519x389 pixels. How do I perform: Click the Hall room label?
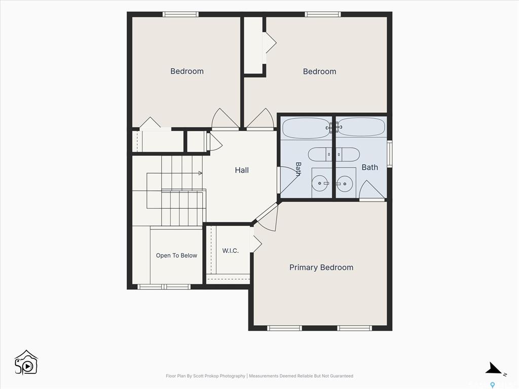tap(242, 170)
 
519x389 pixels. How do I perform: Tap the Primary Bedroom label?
tap(321, 267)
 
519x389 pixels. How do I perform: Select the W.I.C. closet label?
tap(231, 251)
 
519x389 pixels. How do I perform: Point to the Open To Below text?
tap(176, 255)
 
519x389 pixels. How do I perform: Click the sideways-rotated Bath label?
tap(298, 169)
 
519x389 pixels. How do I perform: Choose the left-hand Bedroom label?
tap(187, 71)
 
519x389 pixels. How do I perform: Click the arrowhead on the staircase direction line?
tap(200, 173)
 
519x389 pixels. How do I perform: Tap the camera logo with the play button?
tap(26, 363)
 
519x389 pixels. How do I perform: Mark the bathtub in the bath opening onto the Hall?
tap(307, 128)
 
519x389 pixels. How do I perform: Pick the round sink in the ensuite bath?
tap(345, 183)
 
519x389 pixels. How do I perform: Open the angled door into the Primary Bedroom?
tap(267, 217)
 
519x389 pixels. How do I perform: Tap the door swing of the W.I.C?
tap(256, 244)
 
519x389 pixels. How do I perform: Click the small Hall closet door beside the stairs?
tap(214, 142)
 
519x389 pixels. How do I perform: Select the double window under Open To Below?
tap(164, 287)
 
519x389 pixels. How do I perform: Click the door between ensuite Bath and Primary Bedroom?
tap(372, 191)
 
